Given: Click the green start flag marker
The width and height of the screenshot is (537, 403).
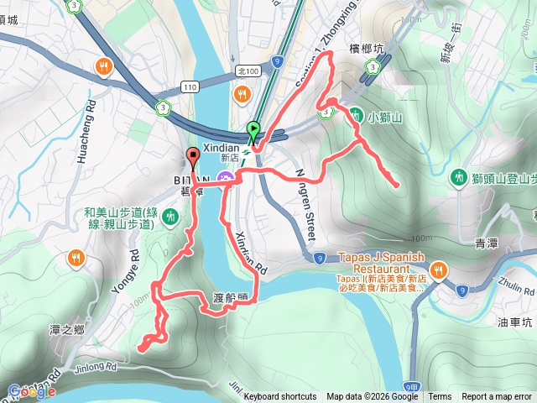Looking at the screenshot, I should (253, 130).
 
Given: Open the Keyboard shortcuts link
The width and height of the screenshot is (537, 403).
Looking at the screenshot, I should (280, 397).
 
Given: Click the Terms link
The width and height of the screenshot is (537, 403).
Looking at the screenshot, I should (440, 397).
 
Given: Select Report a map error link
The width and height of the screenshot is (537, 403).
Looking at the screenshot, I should (497, 397).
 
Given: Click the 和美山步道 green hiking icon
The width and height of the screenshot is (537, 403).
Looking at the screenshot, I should (171, 217).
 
